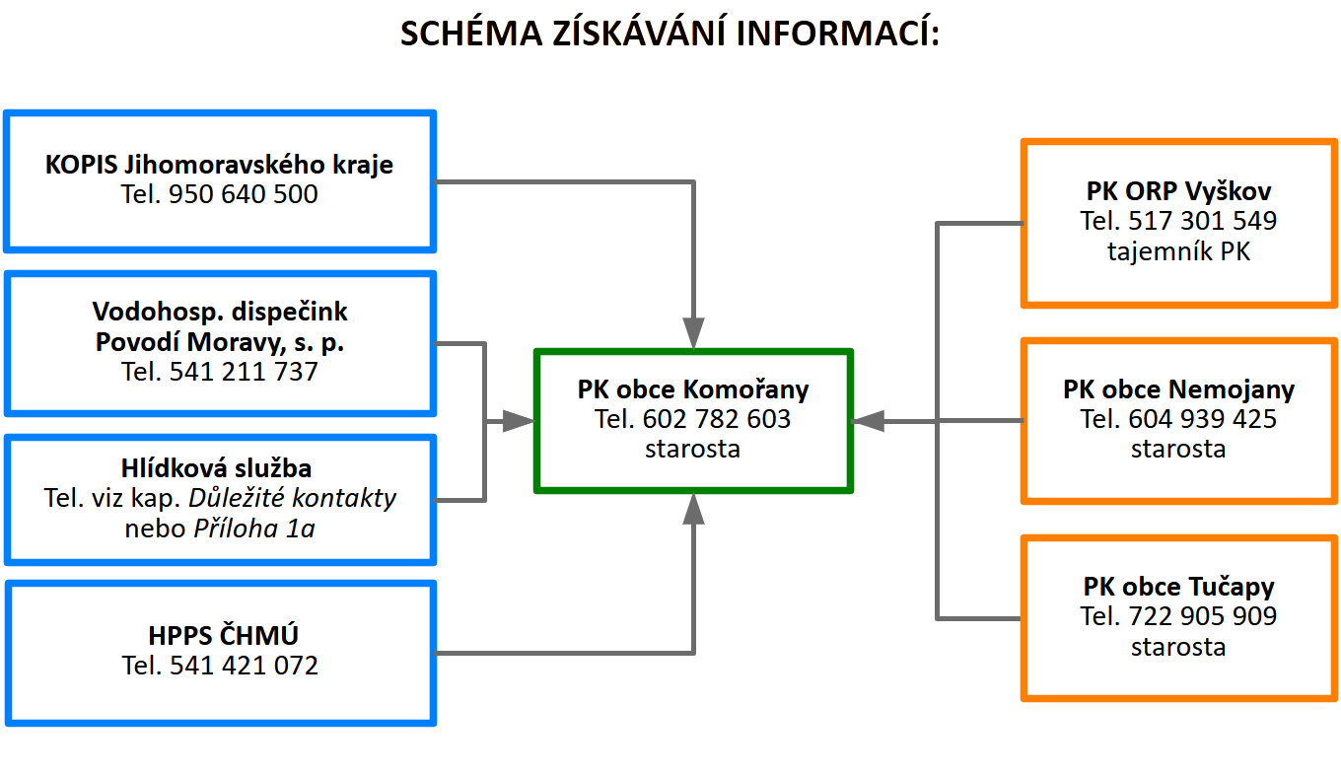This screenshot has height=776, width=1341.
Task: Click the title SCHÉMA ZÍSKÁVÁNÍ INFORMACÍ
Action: [670, 34]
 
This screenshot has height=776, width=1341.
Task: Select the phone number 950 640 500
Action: [243, 194]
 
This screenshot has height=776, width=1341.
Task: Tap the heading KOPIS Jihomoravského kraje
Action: [219, 165]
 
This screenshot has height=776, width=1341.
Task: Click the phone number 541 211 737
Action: [243, 372]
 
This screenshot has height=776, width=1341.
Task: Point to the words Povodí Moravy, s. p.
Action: [220, 342]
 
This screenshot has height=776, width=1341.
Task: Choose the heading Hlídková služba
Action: [216, 468]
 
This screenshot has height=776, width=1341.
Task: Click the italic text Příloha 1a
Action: [253, 529]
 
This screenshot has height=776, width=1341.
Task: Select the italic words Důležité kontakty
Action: [292, 498]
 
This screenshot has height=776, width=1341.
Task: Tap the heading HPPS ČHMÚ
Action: [223, 635]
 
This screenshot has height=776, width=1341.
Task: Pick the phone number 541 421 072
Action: [244, 666]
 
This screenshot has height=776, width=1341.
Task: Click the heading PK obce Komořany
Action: [693, 389]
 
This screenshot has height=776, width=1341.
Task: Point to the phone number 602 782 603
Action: [717, 419]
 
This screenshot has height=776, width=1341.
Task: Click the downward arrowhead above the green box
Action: [693, 333]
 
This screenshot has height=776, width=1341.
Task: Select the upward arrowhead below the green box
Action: [693, 509]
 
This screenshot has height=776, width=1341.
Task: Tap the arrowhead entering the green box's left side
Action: [519, 422]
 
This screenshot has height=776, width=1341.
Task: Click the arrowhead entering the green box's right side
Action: [868, 422]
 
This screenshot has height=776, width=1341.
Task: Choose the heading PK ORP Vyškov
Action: [1178, 191]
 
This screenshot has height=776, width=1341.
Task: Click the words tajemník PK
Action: [1178, 251]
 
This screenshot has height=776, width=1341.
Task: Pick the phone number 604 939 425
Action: [1203, 419]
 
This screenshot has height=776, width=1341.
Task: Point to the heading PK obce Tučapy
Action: [1178, 587]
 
